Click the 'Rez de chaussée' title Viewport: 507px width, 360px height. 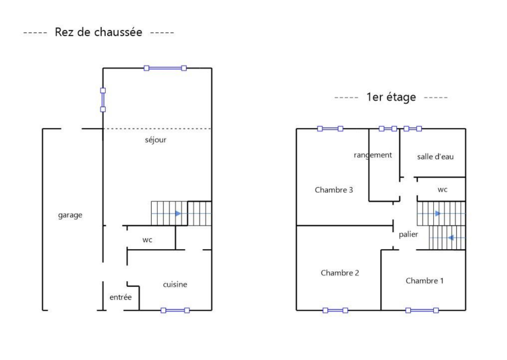click(98, 32)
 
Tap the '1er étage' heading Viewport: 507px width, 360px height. click(391, 97)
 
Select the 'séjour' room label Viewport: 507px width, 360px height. click(155, 140)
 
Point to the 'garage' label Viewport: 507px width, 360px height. click(70, 215)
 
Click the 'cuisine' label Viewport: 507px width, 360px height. click(175, 285)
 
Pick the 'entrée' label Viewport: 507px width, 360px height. click(120, 297)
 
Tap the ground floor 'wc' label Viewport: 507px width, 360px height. click(147, 240)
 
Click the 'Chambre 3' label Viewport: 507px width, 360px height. click(334, 190)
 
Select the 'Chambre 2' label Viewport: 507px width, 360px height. click(340, 273)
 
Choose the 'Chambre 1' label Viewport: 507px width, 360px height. click(424, 281)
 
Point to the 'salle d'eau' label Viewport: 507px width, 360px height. click(435, 157)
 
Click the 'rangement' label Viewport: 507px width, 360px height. click(373, 155)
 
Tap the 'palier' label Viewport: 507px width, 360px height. click(408, 234)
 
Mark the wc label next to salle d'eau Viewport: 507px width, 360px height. click(442, 190)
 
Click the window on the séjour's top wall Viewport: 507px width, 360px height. click(165, 68)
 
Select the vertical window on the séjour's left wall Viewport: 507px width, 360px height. click(103, 100)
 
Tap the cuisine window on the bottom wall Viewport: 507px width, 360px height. click(175, 310)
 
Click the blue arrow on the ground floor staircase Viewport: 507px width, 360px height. click(178, 213)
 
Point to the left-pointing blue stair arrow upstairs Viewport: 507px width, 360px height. click(450, 238)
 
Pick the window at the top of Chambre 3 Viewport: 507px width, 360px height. click(330, 129)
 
